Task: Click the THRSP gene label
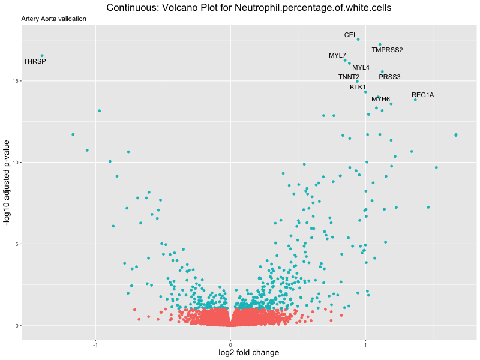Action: pyautogui.click(x=35, y=62)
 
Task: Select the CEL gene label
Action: pyautogui.click(x=350, y=35)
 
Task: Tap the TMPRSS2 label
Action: pyautogui.click(x=387, y=50)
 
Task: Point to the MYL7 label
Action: pyautogui.click(x=337, y=56)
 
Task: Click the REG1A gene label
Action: pyautogui.click(x=422, y=95)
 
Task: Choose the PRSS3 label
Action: pyautogui.click(x=389, y=77)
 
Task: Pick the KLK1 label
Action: pyautogui.click(x=358, y=88)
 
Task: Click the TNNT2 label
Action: pyautogui.click(x=349, y=77)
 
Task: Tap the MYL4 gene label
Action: pyautogui.click(x=361, y=67)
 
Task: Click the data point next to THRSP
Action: pyautogui.click(x=42, y=56)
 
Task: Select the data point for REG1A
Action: pyautogui.click(x=415, y=100)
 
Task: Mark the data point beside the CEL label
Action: pyautogui.click(x=358, y=39)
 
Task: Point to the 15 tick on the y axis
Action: pyautogui.click(x=17, y=81)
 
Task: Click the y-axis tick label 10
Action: pyautogui.click(x=17, y=163)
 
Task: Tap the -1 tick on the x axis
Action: pyautogui.click(x=95, y=345)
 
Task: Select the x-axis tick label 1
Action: pyautogui.click(x=365, y=345)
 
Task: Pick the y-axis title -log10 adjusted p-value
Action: pyautogui.click(x=7, y=183)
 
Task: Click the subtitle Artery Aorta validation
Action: pyautogui.click(x=53, y=19)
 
